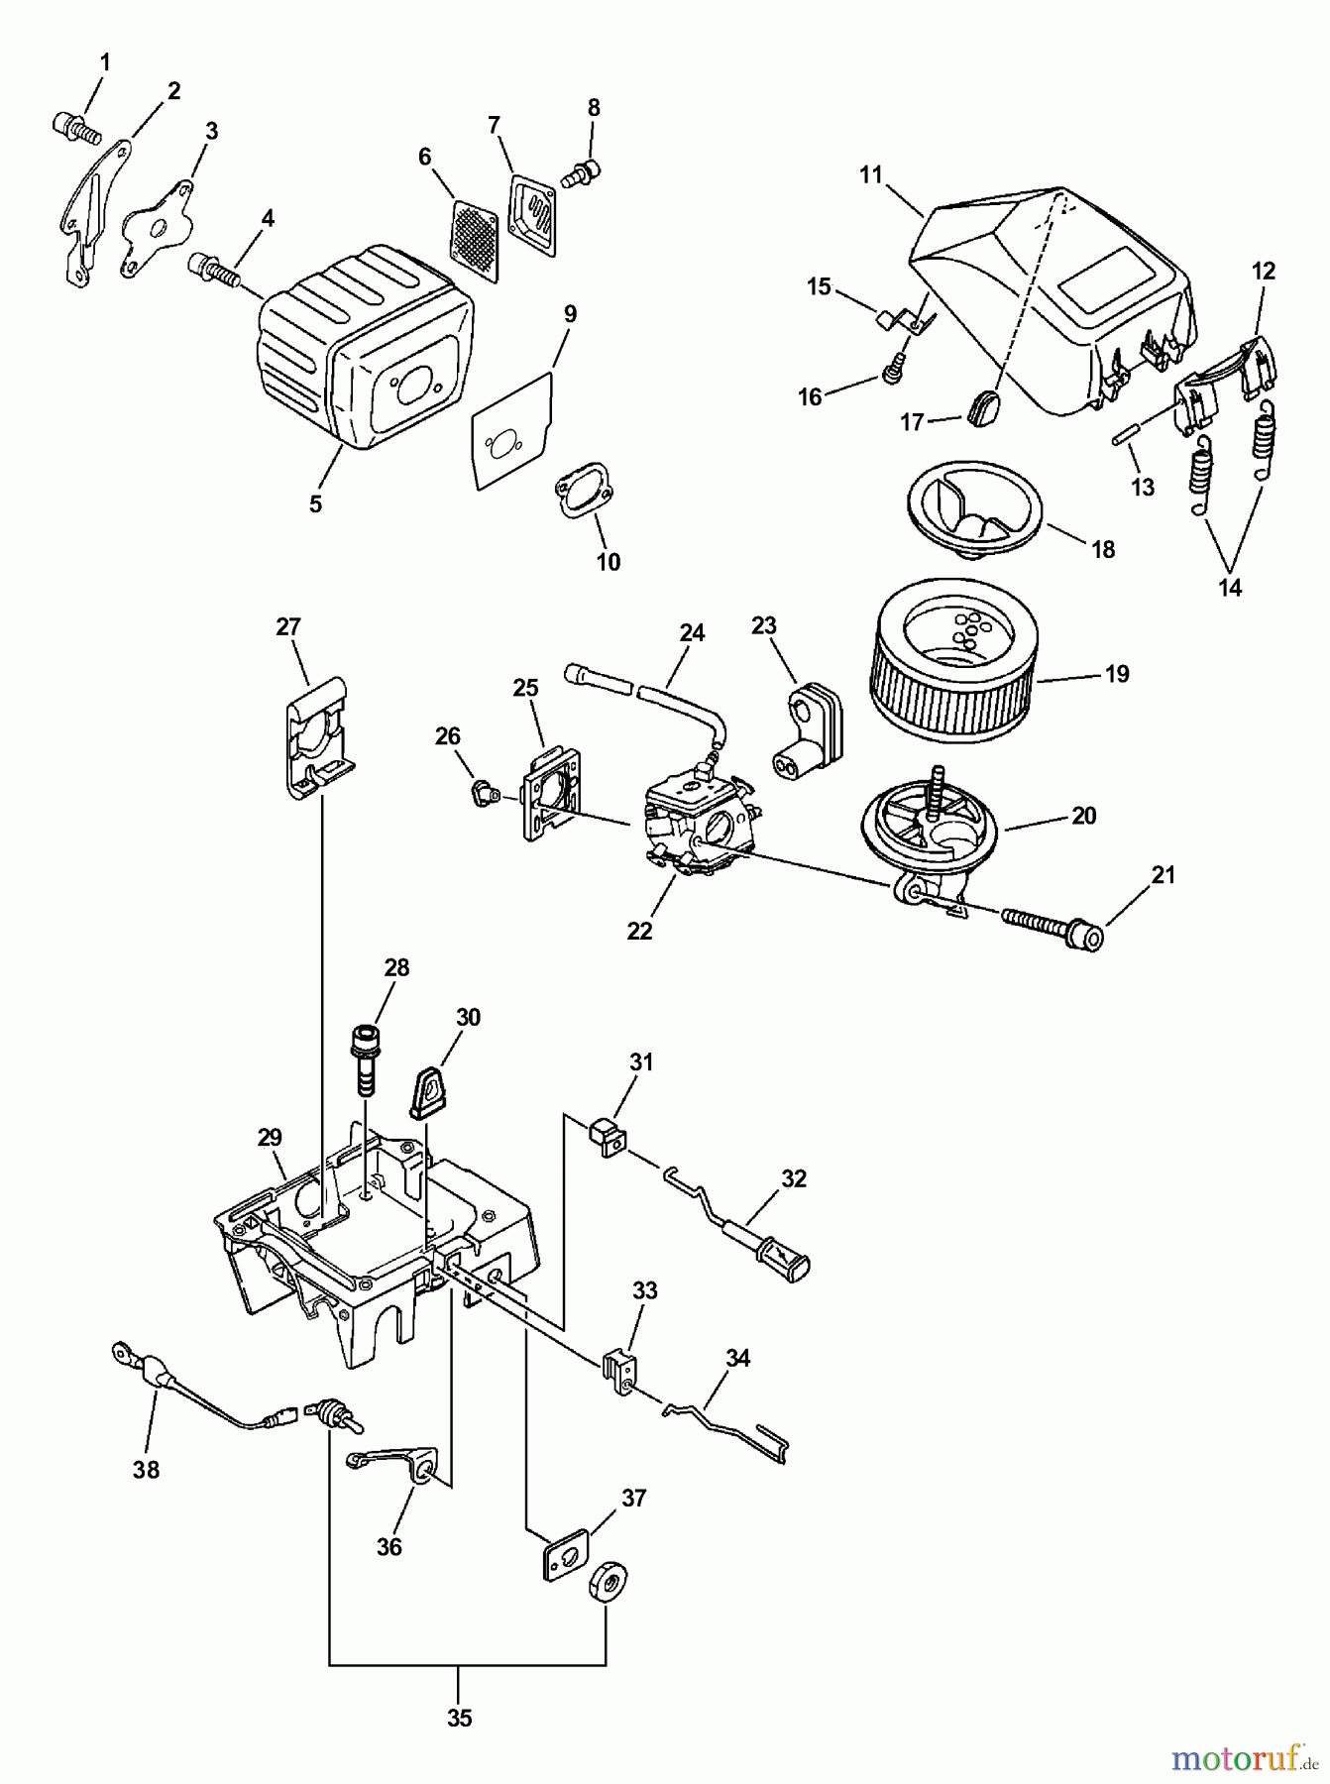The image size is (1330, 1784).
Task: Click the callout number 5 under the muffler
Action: pyautogui.click(x=315, y=503)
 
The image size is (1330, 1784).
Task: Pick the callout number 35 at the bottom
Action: pyautogui.click(x=459, y=1718)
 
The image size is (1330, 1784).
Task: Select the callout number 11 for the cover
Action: pyautogui.click(x=870, y=175)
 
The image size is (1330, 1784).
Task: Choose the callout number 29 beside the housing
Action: pyautogui.click(x=270, y=1137)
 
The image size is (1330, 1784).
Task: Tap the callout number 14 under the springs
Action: pyautogui.click(x=1229, y=587)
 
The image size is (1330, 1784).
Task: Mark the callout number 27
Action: pyautogui.click(x=288, y=626)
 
